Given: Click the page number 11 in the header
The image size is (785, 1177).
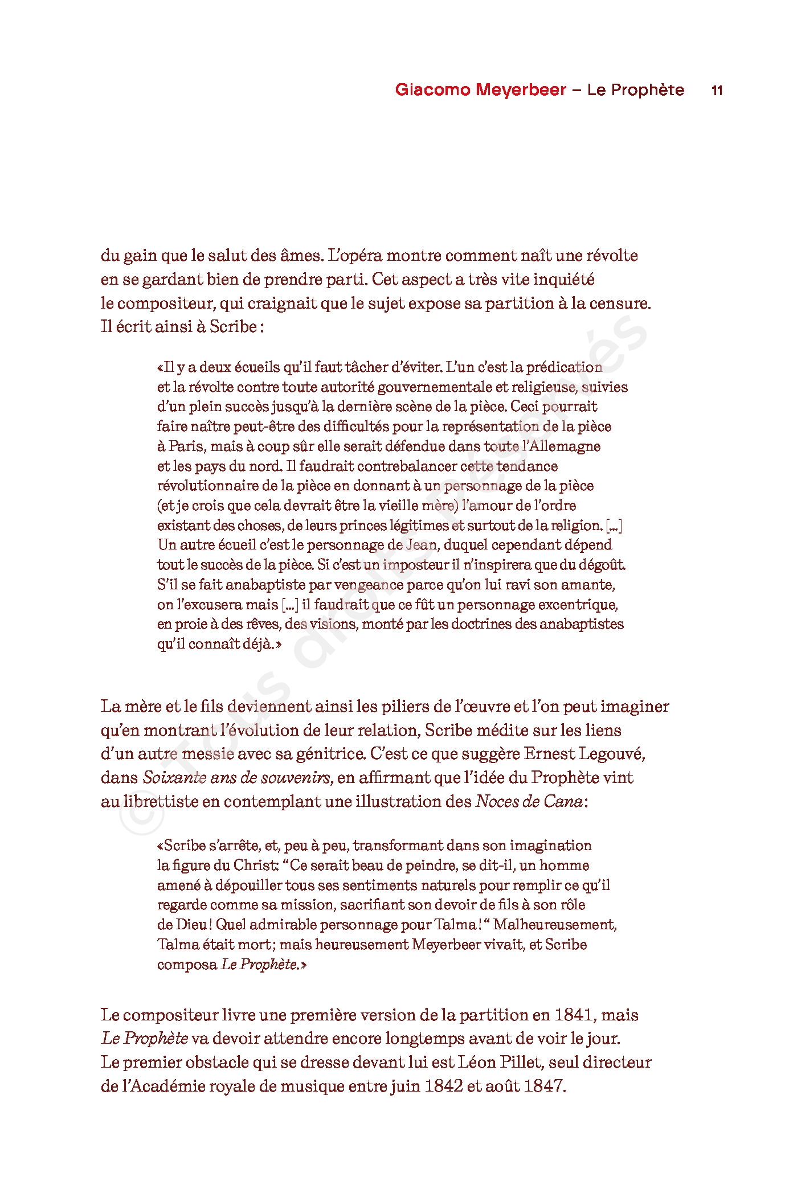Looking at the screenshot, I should point(717,91).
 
